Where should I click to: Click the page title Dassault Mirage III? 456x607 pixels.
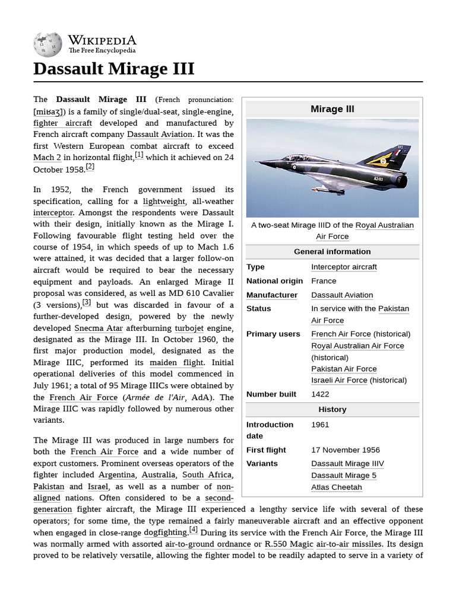[113, 69]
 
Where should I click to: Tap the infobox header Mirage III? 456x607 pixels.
[332, 109]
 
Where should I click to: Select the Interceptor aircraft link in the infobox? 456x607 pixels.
[344, 267]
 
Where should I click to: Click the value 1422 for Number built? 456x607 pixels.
[320, 394]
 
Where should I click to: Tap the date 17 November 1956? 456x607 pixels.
[346, 450]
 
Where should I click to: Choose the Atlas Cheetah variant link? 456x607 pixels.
[336, 487]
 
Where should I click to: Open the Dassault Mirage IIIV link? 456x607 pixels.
[347, 464]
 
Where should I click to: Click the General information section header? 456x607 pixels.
[332, 252]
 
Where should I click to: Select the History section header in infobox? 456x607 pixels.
[332, 410]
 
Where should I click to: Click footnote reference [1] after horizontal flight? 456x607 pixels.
[139, 155]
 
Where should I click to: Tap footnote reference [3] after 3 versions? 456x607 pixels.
[87, 302]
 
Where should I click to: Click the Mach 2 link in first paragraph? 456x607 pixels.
[47, 158]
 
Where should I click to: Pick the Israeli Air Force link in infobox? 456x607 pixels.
[339, 380]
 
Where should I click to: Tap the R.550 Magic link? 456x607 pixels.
[289, 544]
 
